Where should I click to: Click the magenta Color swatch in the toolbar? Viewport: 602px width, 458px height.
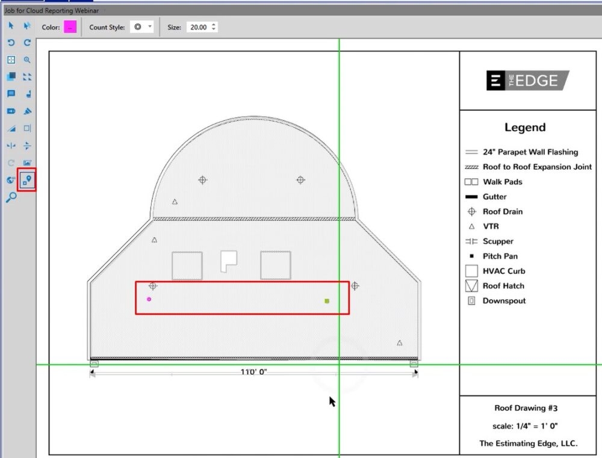click(x=70, y=27)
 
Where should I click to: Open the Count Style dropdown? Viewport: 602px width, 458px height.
click(x=143, y=27)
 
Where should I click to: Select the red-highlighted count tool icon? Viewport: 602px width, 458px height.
click(x=27, y=179)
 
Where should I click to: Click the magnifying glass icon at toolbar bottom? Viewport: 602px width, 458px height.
click(x=11, y=197)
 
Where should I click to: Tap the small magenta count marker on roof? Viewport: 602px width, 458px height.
click(x=149, y=299)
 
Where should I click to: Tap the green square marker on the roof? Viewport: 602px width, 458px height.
click(x=327, y=301)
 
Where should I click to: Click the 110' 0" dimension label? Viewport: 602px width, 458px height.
click(x=253, y=372)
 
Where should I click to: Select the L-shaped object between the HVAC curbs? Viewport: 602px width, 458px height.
click(x=228, y=260)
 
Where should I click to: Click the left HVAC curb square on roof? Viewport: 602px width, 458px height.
click(x=187, y=265)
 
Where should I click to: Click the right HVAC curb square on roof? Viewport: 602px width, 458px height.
click(x=276, y=265)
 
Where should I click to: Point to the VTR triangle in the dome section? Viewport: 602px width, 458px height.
click(x=175, y=202)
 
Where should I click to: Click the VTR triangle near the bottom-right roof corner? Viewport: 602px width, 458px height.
click(x=400, y=343)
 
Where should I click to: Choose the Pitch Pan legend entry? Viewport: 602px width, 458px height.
click(x=500, y=256)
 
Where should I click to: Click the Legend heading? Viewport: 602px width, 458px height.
click(x=525, y=128)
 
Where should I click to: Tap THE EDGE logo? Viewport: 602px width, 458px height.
click(x=527, y=81)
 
